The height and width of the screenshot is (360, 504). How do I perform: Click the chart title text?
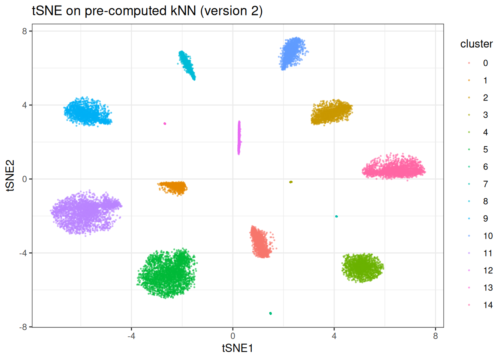pyautogui.click(x=147, y=11)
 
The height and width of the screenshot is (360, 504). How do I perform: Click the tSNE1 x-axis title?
pyautogui.click(x=237, y=348)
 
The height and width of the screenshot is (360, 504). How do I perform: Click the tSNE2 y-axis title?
pyautogui.click(x=10, y=175)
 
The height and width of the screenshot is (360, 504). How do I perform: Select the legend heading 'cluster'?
pyautogui.click(x=476, y=44)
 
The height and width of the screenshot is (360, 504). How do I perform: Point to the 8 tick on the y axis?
pyautogui.click(x=25, y=31)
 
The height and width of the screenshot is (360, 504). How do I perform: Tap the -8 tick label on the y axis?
pyautogui.click(x=23, y=327)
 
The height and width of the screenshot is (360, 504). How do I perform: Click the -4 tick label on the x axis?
pyautogui.click(x=131, y=336)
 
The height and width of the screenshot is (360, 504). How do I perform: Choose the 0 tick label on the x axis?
pyautogui.click(x=233, y=336)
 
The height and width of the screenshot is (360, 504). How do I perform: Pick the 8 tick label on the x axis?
pyautogui.click(x=435, y=336)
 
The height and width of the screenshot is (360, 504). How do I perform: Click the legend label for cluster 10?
pyautogui.click(x=488, y=236)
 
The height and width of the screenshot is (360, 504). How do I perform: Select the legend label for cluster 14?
pyautogui.click(x=488, y=305)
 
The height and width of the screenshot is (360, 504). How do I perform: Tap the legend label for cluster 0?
pyautogui.click(x=486, y=63)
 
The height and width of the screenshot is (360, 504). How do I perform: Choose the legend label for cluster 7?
pyautogui.click(x=486, y=184)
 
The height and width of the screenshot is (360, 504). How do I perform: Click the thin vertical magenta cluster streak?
pyautogui.click(x=239, y=138)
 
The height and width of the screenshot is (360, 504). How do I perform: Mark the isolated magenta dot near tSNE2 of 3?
pyautogui.click(x=165, y=124)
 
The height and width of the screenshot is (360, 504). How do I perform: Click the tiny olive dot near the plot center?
pyautogui.click(x=291, y=182)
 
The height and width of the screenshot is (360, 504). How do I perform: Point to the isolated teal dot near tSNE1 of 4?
pyautogui.click(x=336, y=216)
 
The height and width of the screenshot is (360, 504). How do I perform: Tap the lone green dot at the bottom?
pyautogui.click(x=270, y=313)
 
